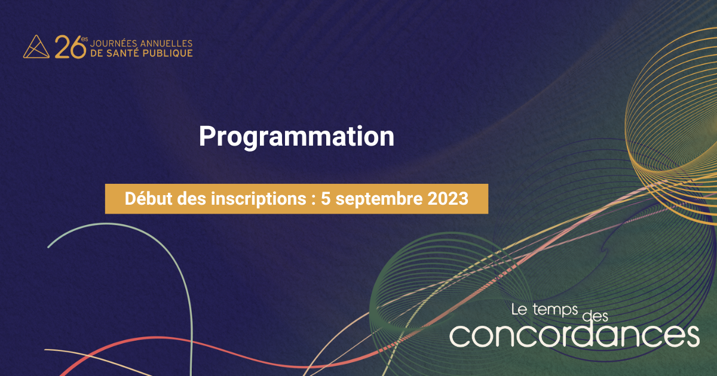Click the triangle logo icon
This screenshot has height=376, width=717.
(36, 47)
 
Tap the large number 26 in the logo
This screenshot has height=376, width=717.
(70, 47)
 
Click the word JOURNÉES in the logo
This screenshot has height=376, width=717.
(114, 43)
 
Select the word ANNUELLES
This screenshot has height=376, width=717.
(167, 43)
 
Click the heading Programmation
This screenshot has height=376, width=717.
(296, 137)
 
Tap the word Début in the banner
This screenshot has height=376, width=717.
(149, 199)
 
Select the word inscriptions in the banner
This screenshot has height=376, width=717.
(259, 199)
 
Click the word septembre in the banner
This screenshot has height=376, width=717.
(379, 199)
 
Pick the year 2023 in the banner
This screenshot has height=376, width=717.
(448, 199)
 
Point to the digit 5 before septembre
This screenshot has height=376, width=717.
(326, 199)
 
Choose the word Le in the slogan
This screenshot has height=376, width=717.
(519, 310)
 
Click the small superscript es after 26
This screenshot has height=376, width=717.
(84, 39)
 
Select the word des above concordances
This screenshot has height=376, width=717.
(595, 316)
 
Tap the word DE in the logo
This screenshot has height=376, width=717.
(97, 53)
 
